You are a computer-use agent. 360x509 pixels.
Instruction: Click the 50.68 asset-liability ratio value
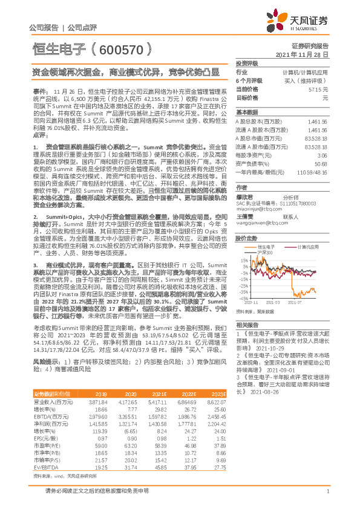point(321,164)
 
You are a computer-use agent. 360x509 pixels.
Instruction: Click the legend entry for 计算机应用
point(309,247)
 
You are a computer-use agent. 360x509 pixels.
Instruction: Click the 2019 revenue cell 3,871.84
point(98,401)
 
